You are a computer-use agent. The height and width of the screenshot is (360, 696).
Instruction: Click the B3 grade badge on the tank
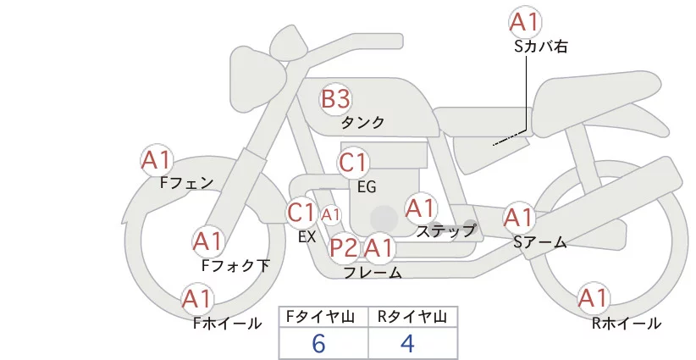(x=335, y=99)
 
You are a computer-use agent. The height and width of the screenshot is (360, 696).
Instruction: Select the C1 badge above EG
(x=353, y=162)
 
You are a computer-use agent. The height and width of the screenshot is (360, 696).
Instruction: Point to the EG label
(x=367, y=186)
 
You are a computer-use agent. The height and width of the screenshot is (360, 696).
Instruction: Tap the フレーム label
(x=373, y=273)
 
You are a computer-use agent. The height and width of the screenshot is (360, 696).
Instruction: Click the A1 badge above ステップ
(x=421, y=208)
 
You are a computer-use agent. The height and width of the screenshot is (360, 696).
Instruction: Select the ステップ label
(x=446, y=230)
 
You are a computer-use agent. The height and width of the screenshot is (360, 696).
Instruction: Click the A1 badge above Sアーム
(x=519, y=218)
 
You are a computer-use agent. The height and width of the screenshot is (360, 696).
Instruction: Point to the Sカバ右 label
(x=540, y=47)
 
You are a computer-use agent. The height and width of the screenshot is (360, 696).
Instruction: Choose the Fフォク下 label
(x=236, y=265)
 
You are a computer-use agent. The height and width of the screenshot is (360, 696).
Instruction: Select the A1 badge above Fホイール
(x=197, y=299)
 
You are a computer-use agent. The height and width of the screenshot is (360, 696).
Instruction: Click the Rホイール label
(x=626, y=323)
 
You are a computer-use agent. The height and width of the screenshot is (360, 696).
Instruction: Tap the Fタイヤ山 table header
(x=323, y=317)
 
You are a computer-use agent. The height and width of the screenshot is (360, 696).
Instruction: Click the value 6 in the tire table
(x=318, y=343)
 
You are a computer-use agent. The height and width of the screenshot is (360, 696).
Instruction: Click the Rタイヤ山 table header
(x=412, y=317)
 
